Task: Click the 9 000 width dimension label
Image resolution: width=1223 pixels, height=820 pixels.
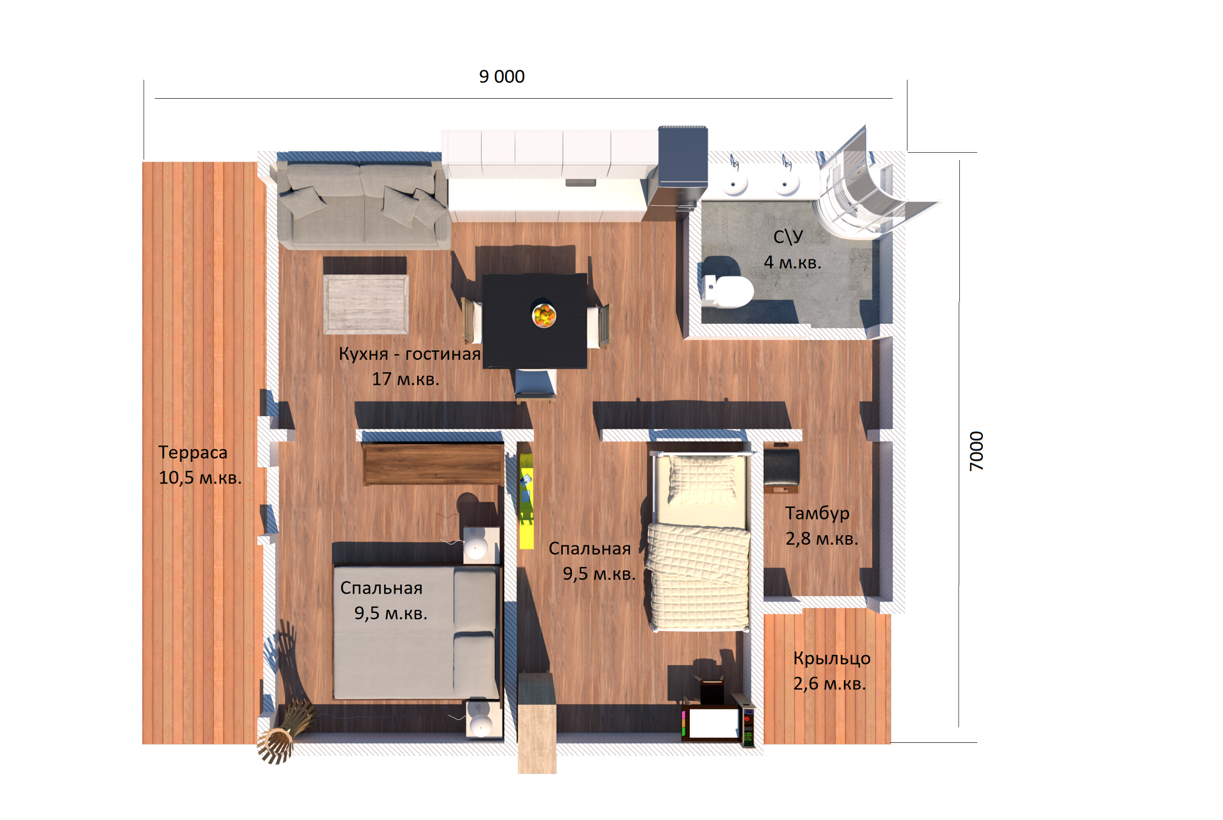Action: [x=502, y=76]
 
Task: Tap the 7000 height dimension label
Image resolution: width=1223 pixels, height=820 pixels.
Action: [x=976, y=451]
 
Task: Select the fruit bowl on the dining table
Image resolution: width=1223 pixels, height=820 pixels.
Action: [x=544, y=315]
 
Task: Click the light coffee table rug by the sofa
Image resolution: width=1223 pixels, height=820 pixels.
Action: [x=366, y=304]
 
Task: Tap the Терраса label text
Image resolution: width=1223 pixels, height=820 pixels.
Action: [x=192, y=452]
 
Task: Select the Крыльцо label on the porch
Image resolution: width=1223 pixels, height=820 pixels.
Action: [x=832, y=658]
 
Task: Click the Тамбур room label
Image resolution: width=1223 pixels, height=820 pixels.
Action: [x=817, y=513]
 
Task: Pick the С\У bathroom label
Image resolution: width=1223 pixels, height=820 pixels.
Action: [x=788, y=236]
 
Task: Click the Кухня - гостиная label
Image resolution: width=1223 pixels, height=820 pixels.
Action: [x=410, y=354]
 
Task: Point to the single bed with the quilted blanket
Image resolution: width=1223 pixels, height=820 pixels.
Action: [x=699, y=541]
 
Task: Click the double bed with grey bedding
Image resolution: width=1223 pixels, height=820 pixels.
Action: [x=415, y=633]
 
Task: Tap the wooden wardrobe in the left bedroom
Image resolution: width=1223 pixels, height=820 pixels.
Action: [x=433, y=464]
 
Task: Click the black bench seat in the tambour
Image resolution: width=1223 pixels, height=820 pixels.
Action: [x=782, y=470]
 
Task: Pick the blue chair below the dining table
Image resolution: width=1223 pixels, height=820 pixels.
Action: [x=535, y=385]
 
